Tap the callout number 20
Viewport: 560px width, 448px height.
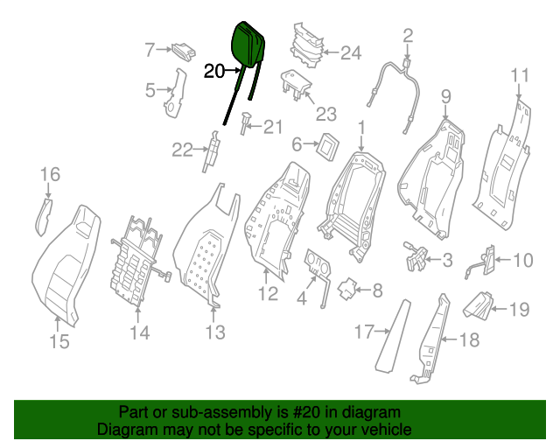(x=214, y=72)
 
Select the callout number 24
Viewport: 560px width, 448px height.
(x=350, y=53)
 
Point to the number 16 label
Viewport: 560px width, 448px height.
(x=49, y=175)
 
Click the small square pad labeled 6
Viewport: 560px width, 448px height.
(x=328, y=144)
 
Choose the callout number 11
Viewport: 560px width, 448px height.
(x=520, y=74)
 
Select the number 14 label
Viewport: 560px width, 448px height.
(x=140, y=332)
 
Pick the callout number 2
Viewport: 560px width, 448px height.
(x=407, y=36)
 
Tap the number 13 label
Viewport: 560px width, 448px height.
(x=214, y=332)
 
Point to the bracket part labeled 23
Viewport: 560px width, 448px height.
(x=294, y=84)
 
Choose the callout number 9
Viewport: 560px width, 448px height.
(x=445, y=96)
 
